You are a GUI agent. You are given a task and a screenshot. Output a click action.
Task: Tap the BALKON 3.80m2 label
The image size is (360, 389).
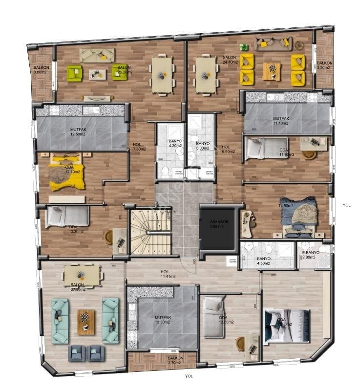[40, 70]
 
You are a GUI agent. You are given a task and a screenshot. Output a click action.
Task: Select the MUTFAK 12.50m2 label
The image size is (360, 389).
[78, 132]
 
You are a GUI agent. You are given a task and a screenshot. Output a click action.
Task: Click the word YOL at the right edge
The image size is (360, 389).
[346, 205]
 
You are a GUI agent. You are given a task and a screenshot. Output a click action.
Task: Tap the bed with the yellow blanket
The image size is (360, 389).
[66, 172]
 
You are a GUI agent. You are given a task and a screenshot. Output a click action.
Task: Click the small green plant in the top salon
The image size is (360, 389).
[243, 47]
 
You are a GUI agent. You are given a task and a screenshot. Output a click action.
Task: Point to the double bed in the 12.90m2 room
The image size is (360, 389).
[288, 325]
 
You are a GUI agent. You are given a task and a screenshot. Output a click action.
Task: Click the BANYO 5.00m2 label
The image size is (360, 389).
[203, 145]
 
